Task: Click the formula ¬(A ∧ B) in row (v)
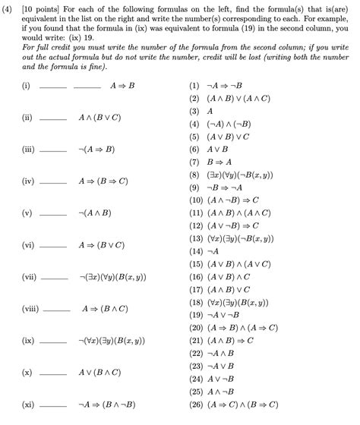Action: click(97, 213)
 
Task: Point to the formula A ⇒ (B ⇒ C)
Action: click(103, 181)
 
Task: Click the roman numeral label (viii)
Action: click(30, 309)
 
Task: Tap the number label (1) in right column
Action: click(195, 86)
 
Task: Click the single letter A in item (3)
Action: click(210, 111)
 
